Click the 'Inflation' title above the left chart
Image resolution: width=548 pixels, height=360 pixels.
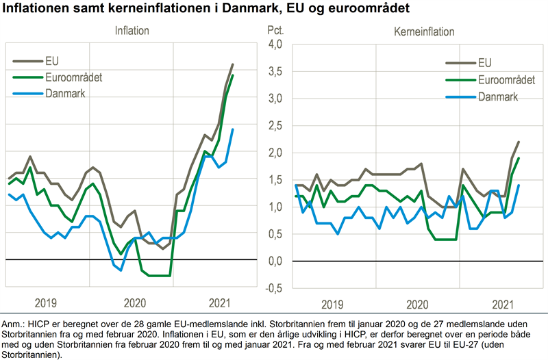tap(132, 31)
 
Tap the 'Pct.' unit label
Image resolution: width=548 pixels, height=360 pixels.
tap(275, 31)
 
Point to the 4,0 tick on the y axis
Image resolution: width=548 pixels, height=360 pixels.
tap(275, 44)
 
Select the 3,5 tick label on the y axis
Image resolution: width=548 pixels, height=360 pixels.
tap(275, 71)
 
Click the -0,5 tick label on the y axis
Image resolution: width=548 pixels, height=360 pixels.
tap(274, 287)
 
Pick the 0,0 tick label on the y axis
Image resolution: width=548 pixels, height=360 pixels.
tap(275, 261)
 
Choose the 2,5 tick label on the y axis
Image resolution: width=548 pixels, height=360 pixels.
tap(275, 125)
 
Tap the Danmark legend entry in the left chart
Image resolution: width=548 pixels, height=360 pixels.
tap(66, 93)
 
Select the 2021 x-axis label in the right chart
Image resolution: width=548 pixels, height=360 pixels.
tap(503, 303)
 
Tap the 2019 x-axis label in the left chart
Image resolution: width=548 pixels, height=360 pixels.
tap(47, 303)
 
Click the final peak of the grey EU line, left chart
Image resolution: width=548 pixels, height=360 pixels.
tap(232, 64)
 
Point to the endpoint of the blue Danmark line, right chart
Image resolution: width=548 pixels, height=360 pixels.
tap(519, 185)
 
